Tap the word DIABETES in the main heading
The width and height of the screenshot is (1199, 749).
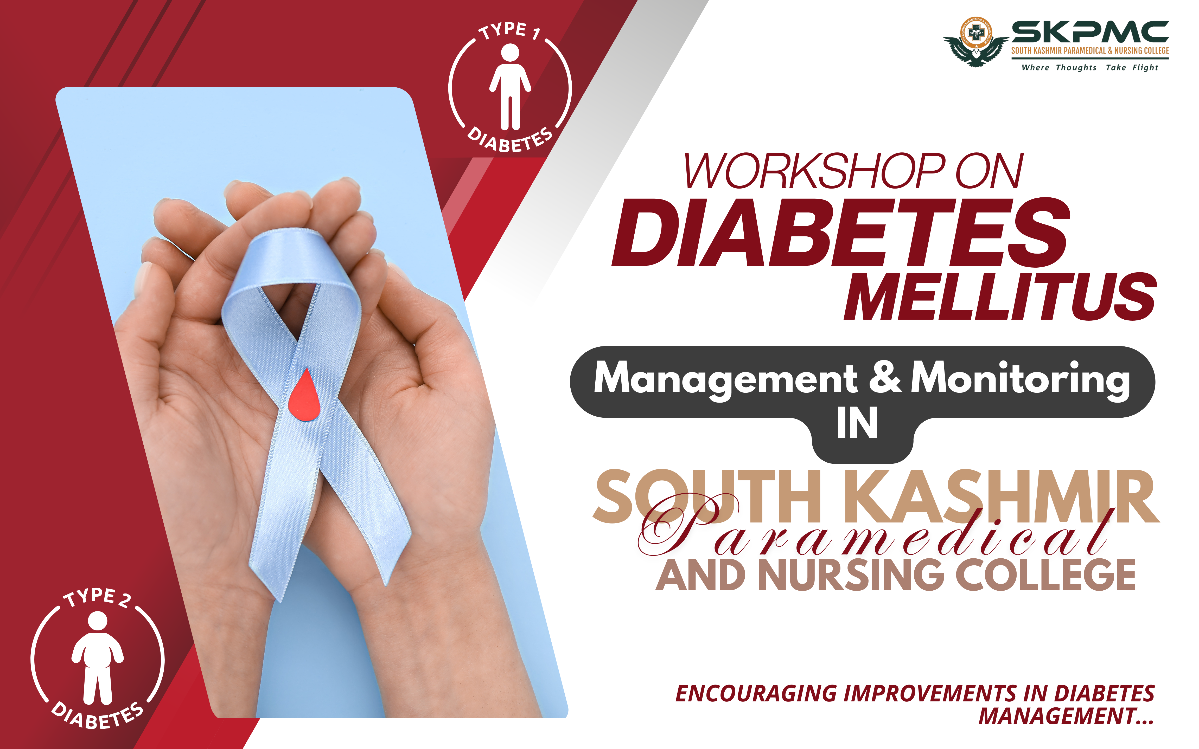point(841,232)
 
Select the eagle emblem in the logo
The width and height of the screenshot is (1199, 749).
point(975,42)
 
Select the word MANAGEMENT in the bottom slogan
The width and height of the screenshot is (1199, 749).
point(1057,716)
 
